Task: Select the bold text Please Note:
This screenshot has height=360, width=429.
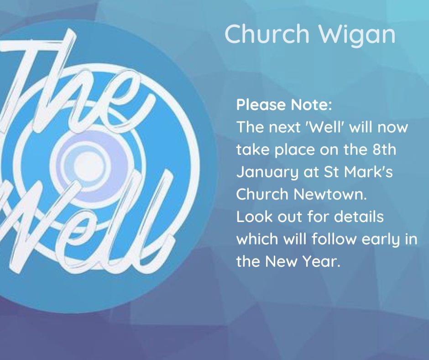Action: tap(284, 105)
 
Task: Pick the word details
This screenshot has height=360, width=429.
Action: tap(359, 216)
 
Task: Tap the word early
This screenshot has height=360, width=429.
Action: tap(382, 239)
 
